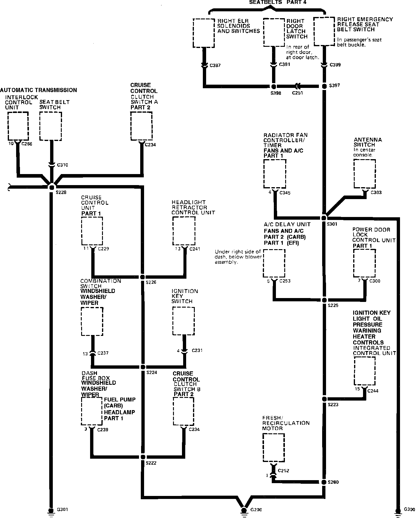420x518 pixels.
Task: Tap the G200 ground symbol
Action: click(x=244, y=510)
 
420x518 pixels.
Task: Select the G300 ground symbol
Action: click(x=398, y=510)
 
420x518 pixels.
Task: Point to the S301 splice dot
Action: click(x=324, y=218)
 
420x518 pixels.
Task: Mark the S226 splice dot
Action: click(x=143, y=277)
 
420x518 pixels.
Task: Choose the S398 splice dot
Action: click(x=274, y=86)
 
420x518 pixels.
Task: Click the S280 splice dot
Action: click(x=324, y=482)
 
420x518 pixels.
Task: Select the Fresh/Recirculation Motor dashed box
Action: click(x=274, y=447)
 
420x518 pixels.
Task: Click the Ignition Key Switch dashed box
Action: click(x=183, y=321)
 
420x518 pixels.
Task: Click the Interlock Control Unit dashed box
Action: click(x=18, y=126)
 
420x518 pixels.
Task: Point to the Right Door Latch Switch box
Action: click(x=274, y=32)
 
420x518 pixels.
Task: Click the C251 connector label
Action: click(x=297, y=93)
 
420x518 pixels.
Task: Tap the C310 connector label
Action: click(x=62, y=165)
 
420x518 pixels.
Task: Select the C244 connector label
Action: click(x=373, y=391)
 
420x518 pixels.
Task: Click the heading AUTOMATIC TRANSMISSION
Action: click(x=38, y=90)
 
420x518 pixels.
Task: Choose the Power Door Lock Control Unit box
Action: click(x=364, y=263)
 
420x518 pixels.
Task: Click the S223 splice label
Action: click(x=333, y=405)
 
